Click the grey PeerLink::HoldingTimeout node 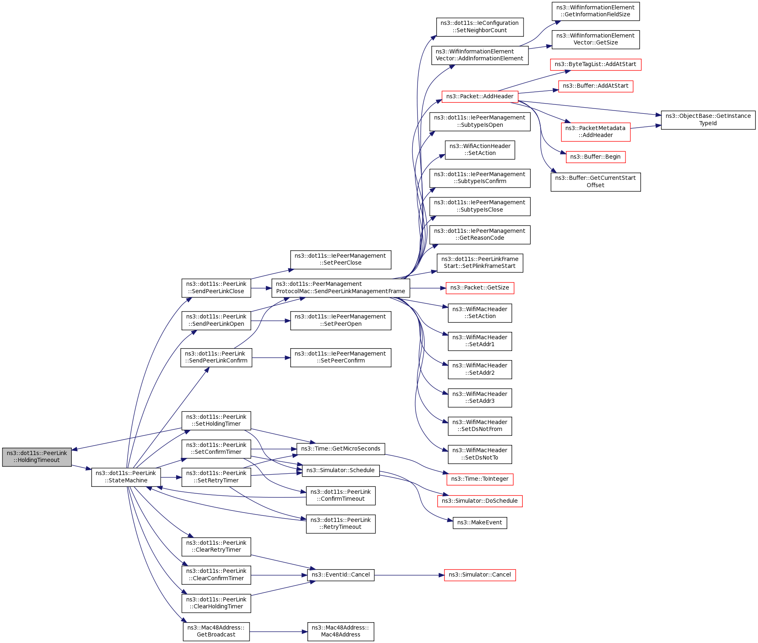point(37,457)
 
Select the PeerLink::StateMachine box point(126,477)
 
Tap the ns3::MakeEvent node point(480,523)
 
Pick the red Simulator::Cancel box point(480,575)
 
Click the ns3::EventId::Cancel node point(340,575)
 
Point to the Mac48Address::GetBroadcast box point(216,631)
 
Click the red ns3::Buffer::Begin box point(595,157)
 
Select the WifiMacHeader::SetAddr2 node point(480,369)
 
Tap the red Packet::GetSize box point(480,288)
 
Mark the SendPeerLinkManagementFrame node point(340,288)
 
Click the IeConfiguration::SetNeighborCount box point(480,27)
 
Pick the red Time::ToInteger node point(480,479)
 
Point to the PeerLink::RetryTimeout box point(340,524)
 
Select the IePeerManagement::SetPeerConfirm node point(340,357)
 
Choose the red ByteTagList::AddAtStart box point(595,64)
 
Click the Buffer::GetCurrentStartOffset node point(595,182)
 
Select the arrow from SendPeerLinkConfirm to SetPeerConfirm point(271,358)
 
